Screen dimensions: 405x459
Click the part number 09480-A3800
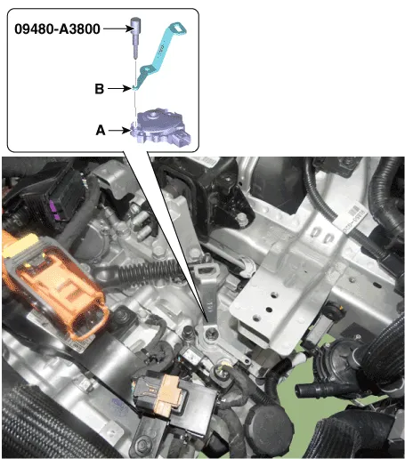57,29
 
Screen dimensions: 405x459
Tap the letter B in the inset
100,89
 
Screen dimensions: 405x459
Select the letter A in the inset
101,130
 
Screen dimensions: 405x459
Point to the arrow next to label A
120,130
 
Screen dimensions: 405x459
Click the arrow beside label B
119,88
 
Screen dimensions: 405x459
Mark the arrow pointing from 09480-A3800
118,28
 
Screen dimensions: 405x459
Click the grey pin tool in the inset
135,37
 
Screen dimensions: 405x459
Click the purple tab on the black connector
54,210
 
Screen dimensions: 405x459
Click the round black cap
269,425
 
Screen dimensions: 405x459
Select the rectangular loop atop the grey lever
207,270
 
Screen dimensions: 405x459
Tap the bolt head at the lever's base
211,334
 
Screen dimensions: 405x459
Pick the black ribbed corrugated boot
150,272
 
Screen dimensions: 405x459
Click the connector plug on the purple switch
182,138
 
